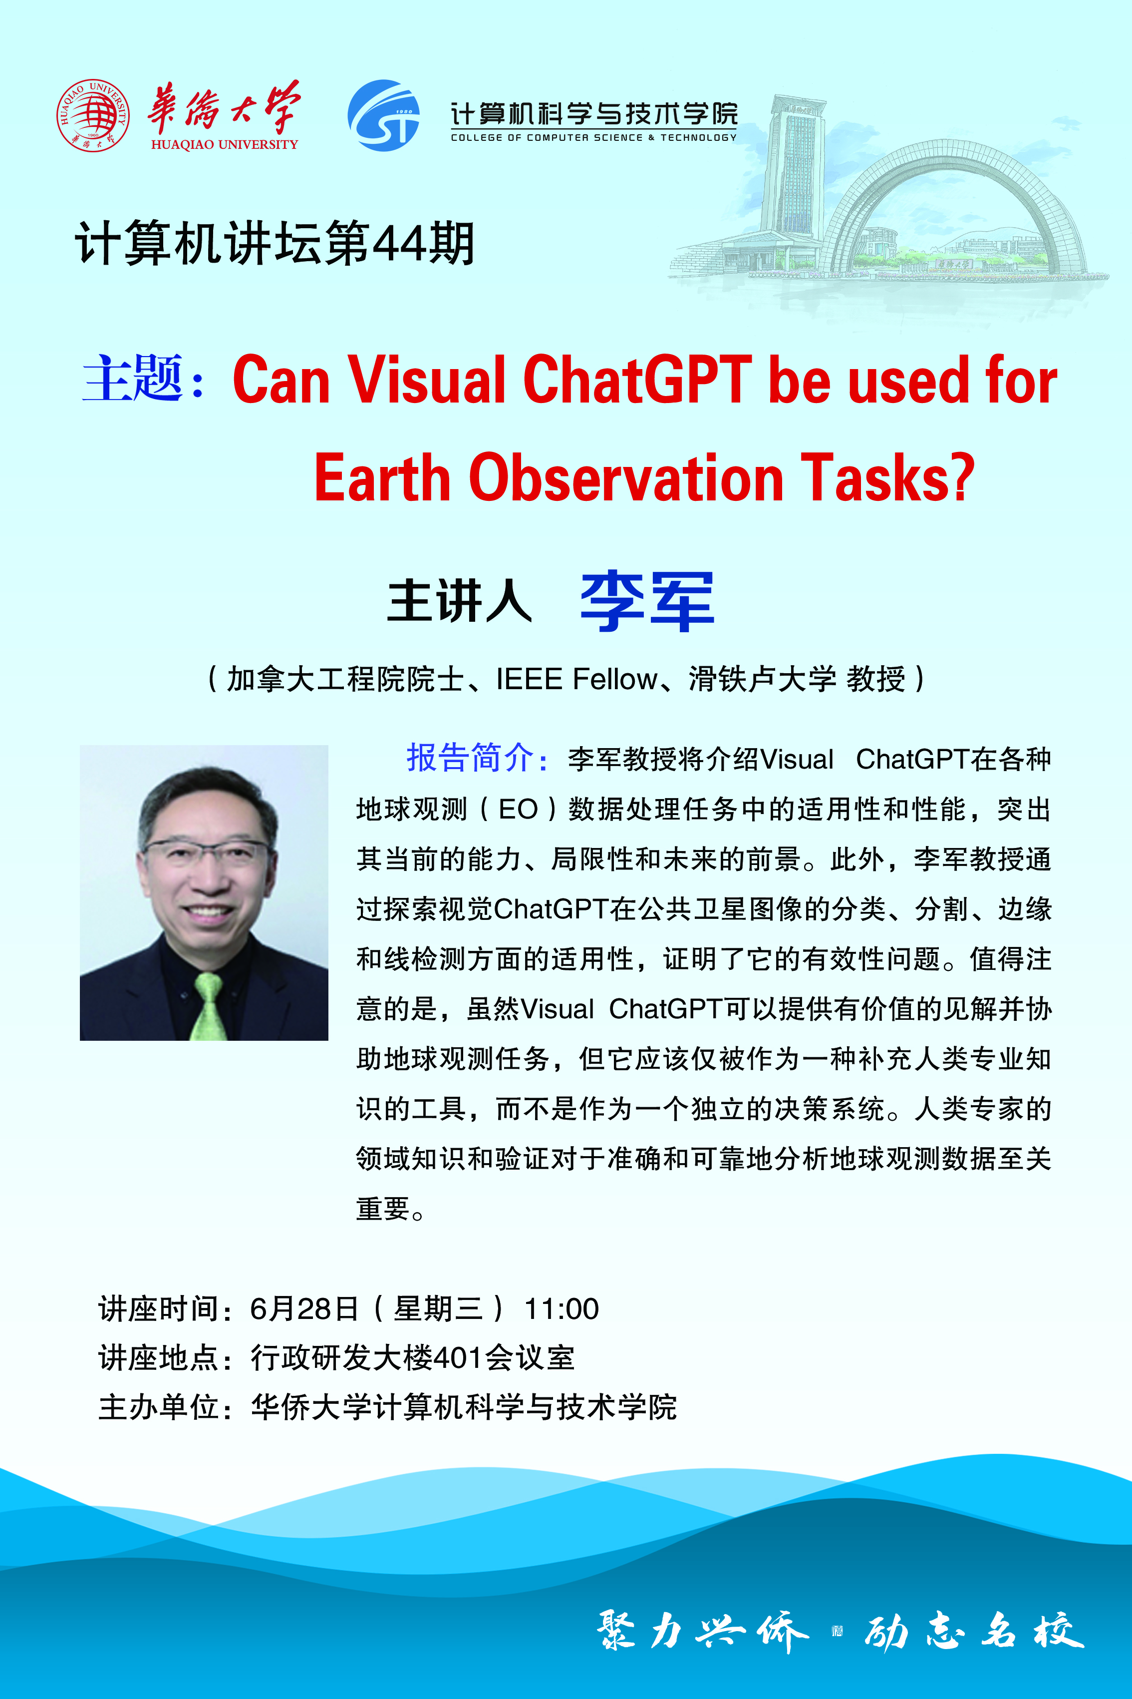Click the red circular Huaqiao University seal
coord(93,115)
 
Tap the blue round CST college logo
coord(383,115)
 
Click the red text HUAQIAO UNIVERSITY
coord(225,144)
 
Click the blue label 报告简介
coord(470,758)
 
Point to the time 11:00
coord(562,1309)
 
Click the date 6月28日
coord(304,1309)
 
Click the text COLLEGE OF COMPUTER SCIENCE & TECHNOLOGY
coord(593,137)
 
